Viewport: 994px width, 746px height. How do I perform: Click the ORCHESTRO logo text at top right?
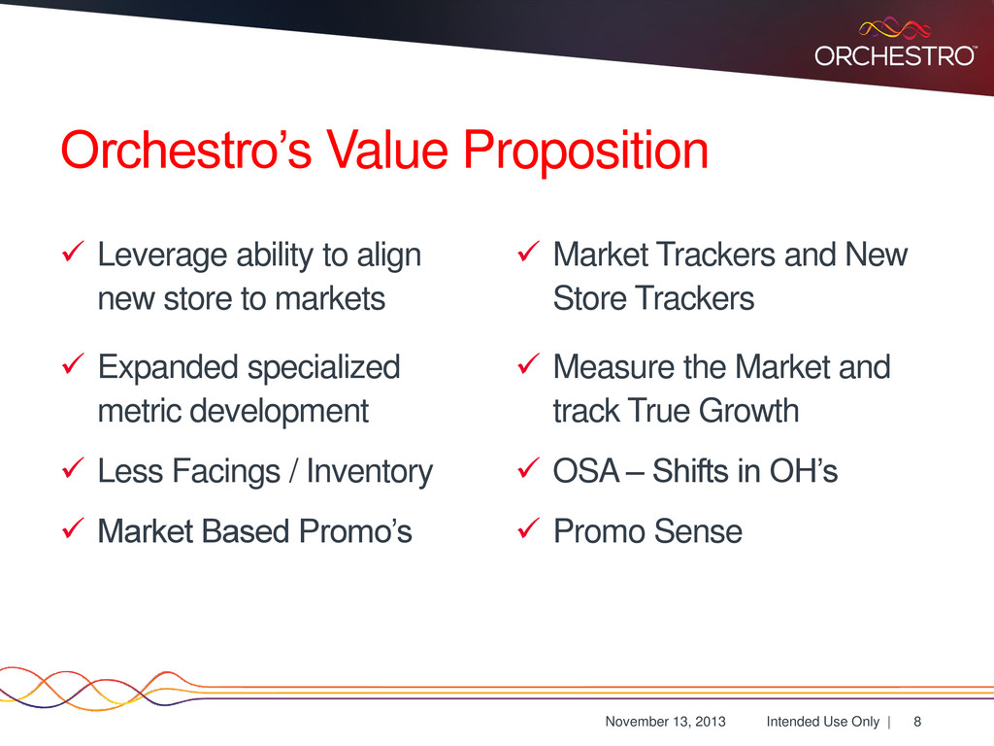(x=894, y=55)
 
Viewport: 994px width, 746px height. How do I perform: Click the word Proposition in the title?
(x=585, y=151)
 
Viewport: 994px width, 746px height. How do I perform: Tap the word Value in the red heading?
(x=386, y=150)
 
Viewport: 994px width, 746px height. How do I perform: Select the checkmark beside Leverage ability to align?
(x=74, y=252)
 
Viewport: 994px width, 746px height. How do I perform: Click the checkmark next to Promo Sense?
(x=529, y=527)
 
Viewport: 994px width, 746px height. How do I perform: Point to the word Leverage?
(x=163, y=256)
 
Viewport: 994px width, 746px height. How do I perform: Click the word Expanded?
(x=167, y=368)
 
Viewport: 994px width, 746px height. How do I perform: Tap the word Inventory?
(x=370, y=472)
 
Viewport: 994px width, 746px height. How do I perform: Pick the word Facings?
(x=225, y=472)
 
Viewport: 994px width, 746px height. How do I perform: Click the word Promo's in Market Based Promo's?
(x=355, y=531)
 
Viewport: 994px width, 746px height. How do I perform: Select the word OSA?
(x=585, y=471)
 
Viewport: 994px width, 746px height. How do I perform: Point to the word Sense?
(x=697, y=531)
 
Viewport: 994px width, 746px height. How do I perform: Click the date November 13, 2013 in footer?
(x=665, y=722)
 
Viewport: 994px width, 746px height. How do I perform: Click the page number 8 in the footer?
(x=917, y=722)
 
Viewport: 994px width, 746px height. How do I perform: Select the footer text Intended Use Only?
(x=823, y=722)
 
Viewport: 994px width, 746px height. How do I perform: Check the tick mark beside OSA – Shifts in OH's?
(x=529, y=467)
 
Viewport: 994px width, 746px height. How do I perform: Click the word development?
(x=279, y=411)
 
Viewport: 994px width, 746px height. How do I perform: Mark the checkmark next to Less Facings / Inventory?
(x=74, y=467)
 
